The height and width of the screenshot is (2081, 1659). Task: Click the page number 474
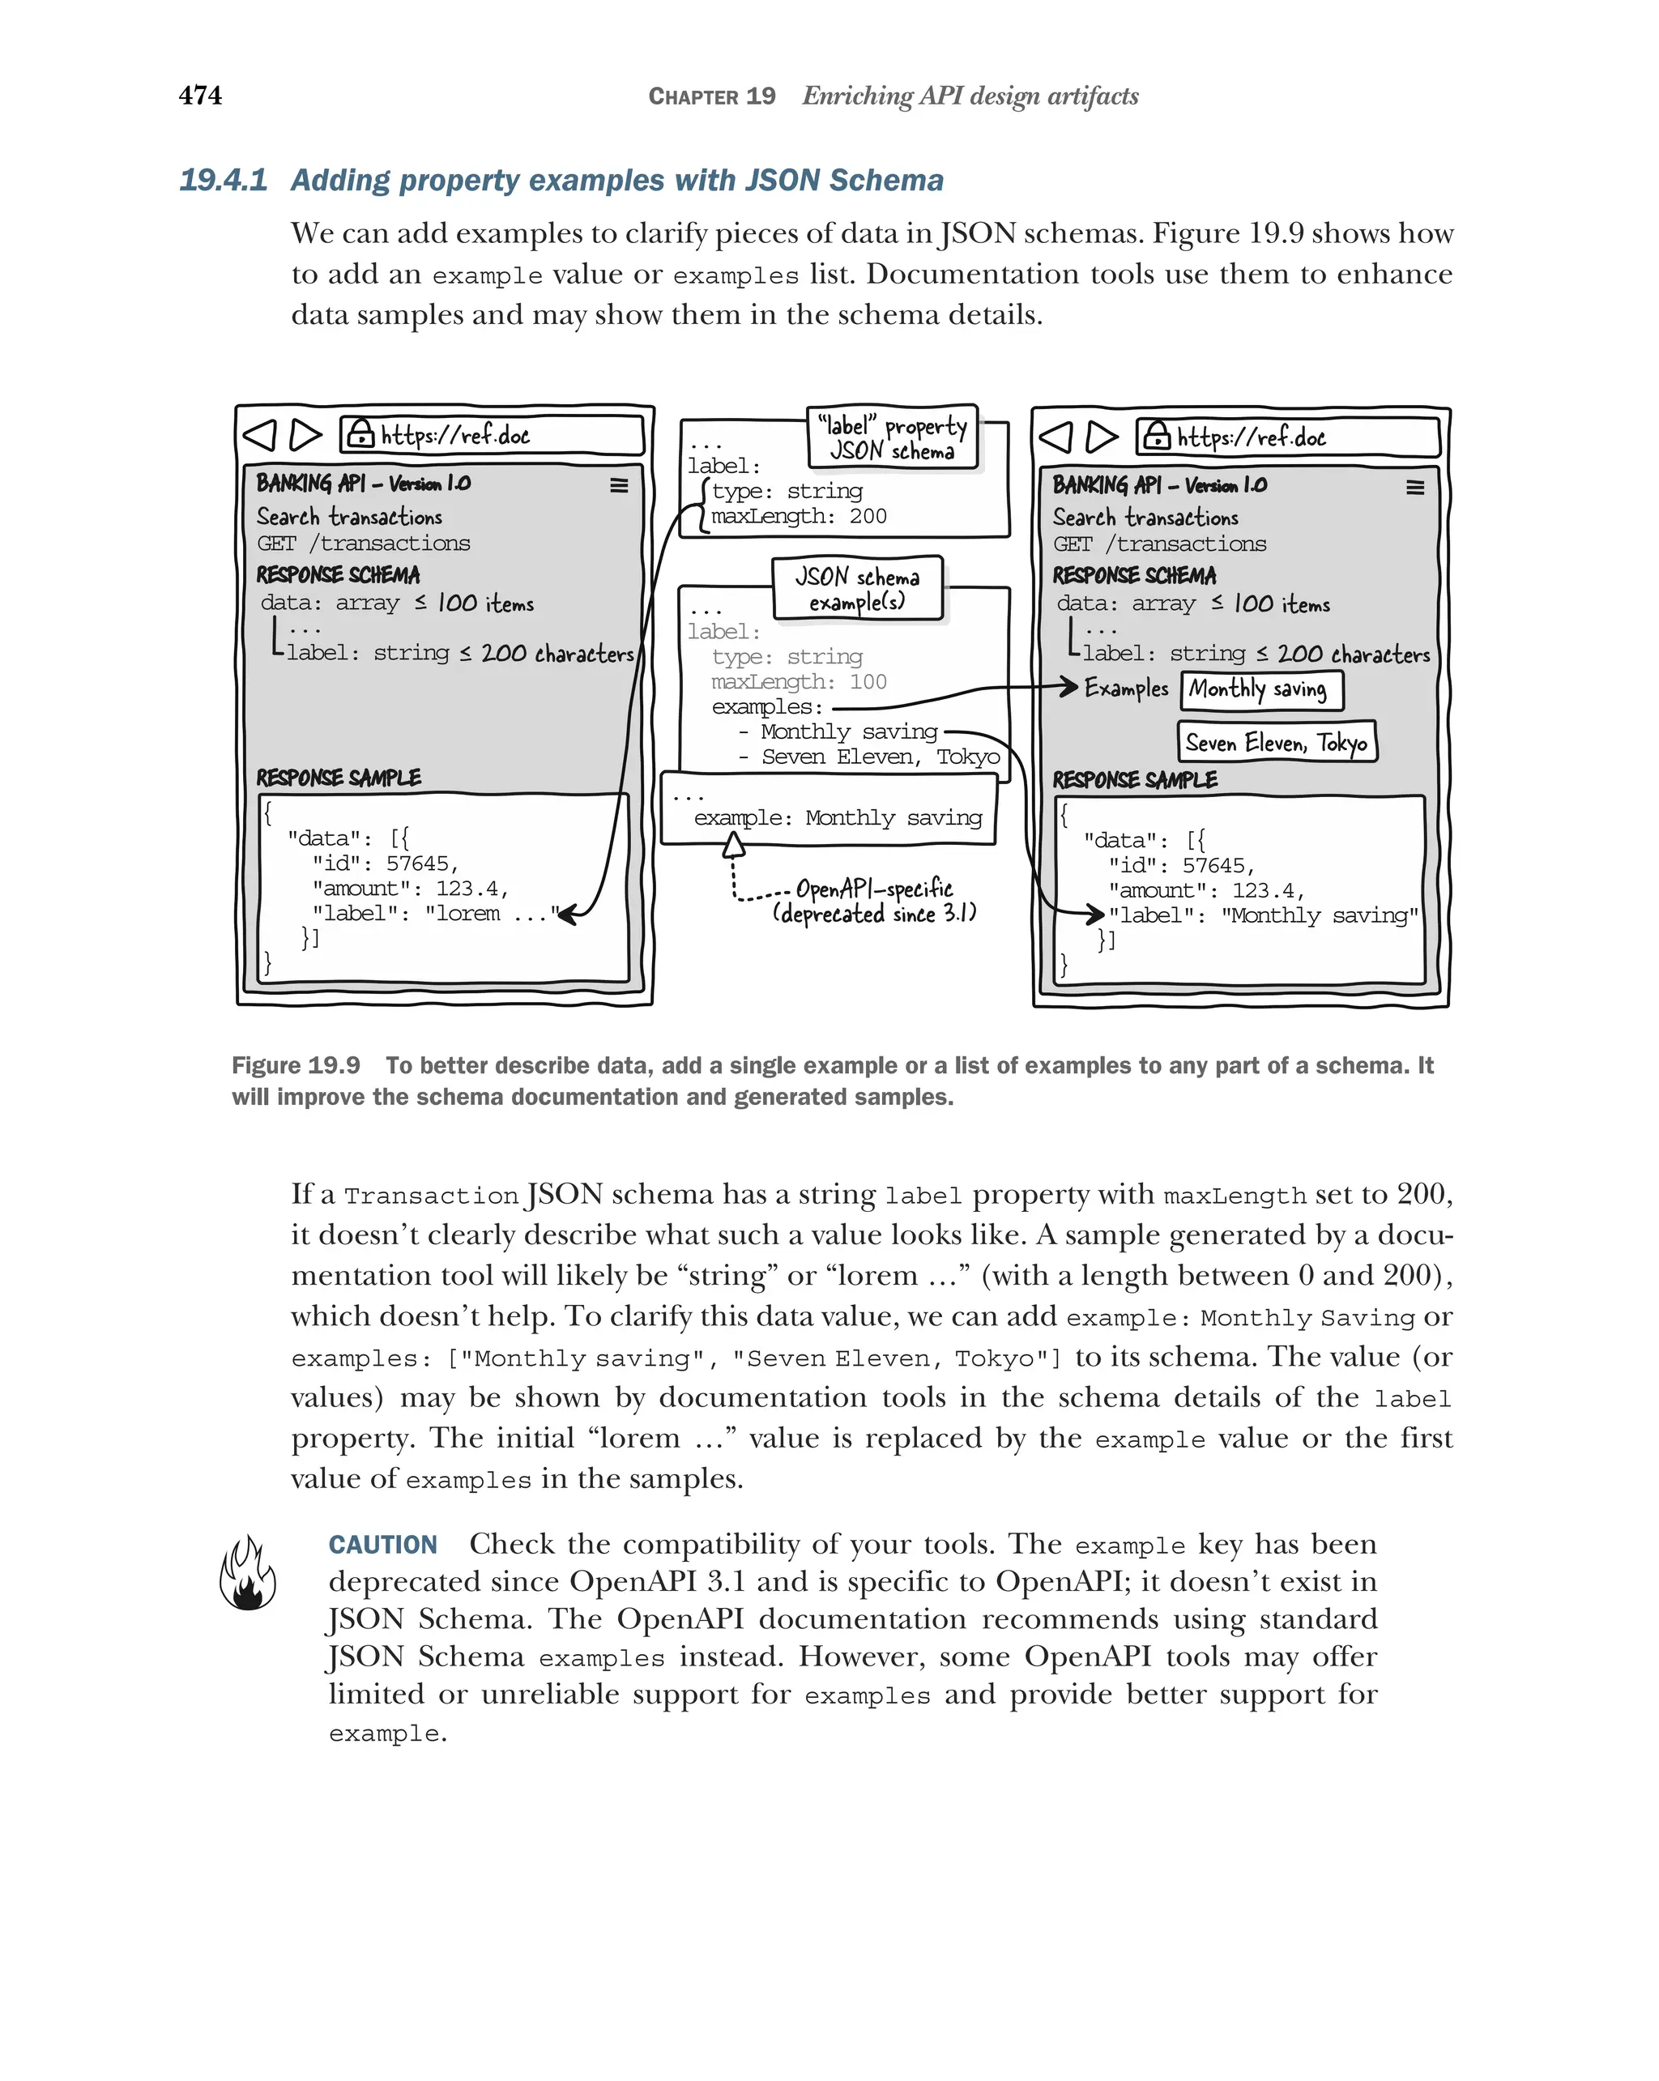tap(200, 96)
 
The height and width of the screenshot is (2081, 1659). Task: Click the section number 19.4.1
tap(223, 181)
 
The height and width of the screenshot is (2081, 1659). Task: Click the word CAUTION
tap(382, 1546)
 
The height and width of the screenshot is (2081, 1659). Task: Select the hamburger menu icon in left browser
tap(619, 485)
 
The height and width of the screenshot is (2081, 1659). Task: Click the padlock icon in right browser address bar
tap(1155, 437)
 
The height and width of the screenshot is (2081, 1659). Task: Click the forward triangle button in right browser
tap(1101, 437)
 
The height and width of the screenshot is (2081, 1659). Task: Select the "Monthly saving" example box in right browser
tap(1260, 689)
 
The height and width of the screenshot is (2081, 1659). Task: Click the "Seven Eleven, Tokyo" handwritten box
tap(1276, 742)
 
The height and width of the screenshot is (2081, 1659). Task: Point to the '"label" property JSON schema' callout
tap(892, 438)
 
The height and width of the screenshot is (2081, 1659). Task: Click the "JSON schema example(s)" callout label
tap(857, 589)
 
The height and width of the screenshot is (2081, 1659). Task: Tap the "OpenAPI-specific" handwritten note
tap(873, 889)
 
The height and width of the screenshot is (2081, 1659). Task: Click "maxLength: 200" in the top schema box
tap(798, 516)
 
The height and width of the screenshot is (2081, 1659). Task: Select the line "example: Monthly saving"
tap(837, 818)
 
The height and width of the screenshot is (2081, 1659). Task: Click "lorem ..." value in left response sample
tap(489, 914)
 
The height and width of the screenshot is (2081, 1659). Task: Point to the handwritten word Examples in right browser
tap(1125, 689)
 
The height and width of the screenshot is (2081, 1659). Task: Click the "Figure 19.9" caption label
tap(296, 1065)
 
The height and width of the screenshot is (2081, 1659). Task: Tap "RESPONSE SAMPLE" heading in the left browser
tap(339, 778)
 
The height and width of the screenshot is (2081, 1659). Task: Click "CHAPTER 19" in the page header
tap(711, 96)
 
